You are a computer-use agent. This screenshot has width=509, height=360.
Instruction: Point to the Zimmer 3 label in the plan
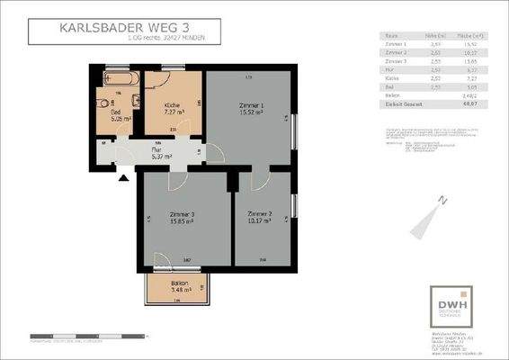pos(183,215)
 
